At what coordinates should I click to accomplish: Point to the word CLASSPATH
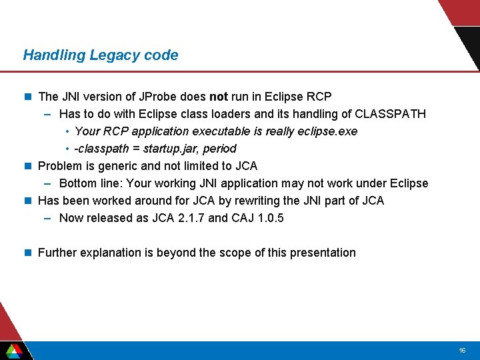[x=391, y=114]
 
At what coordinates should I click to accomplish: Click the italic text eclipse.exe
[x=324, y=131]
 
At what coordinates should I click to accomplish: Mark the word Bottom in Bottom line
[x=77, y=183]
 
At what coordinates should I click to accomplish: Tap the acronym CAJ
[x=242, y=218]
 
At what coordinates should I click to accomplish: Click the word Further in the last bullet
[x=58, y=253]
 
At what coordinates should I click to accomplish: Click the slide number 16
[x=462, y=351]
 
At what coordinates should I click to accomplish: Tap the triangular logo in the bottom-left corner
[x=14, y=350]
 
